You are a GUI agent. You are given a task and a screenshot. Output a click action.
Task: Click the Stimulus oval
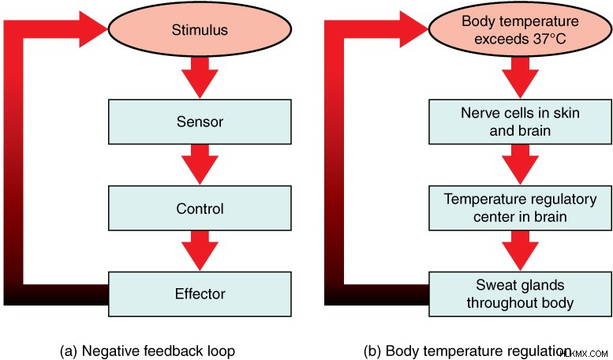[x=200, y=29]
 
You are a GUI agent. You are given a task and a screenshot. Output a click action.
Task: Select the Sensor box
[x=200, y=122]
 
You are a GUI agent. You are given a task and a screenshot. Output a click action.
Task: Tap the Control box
[x=200, y=208]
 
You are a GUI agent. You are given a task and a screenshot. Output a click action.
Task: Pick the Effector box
[x=200, y=294]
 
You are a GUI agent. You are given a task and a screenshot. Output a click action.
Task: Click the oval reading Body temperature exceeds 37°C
[x=520, y=29]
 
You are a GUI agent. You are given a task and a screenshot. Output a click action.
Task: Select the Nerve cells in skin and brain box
[x=521, y=122]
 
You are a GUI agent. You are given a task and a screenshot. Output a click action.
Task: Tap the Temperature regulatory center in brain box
[x=521, y=208]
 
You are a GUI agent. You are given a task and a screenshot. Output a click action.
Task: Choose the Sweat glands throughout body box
[x=521, y=294]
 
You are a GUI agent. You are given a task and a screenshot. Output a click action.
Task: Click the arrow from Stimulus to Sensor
[x=200, y=77]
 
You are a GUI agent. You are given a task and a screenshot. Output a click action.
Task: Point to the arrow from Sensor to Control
[x=200, y=164]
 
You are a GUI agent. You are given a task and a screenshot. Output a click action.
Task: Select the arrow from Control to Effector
[x=200, y=250]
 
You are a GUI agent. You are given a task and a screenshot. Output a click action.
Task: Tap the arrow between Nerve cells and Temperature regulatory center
[x=521, y=164]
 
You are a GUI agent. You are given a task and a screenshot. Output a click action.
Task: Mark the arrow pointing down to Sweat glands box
[x=521, y=250]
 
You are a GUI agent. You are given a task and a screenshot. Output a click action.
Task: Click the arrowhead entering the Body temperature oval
[x=413, y=29]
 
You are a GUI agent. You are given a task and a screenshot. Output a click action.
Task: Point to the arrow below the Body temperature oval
[x=521, y=77]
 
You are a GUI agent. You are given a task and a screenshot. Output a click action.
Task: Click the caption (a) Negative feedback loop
[x=148, y=351]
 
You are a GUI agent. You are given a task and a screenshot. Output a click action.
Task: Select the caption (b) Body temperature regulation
[x=467, y=351]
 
